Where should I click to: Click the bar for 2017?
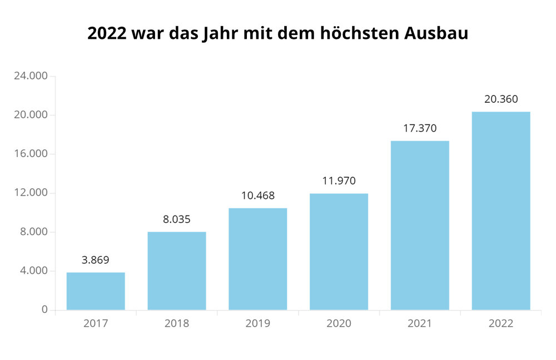pos(96,291)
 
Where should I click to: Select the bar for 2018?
pos(177,271)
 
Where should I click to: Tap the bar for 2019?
pos(258,259)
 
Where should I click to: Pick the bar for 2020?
pos(339,252)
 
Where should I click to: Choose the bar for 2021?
pos(420,225)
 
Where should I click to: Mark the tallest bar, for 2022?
pos(501,211)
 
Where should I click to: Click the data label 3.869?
pos(96,259)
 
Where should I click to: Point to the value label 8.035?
pos(177,219)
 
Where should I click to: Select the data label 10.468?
pos(258,196)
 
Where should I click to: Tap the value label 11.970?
pos(339,181)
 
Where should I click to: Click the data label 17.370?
pos(420,128)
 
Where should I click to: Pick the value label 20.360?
pos(501,99)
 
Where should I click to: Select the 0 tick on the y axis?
pos(44,310)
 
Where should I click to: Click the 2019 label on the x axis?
pos(258,323)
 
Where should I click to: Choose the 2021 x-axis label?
pos(420,323)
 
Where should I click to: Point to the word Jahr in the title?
pos(218,34)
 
